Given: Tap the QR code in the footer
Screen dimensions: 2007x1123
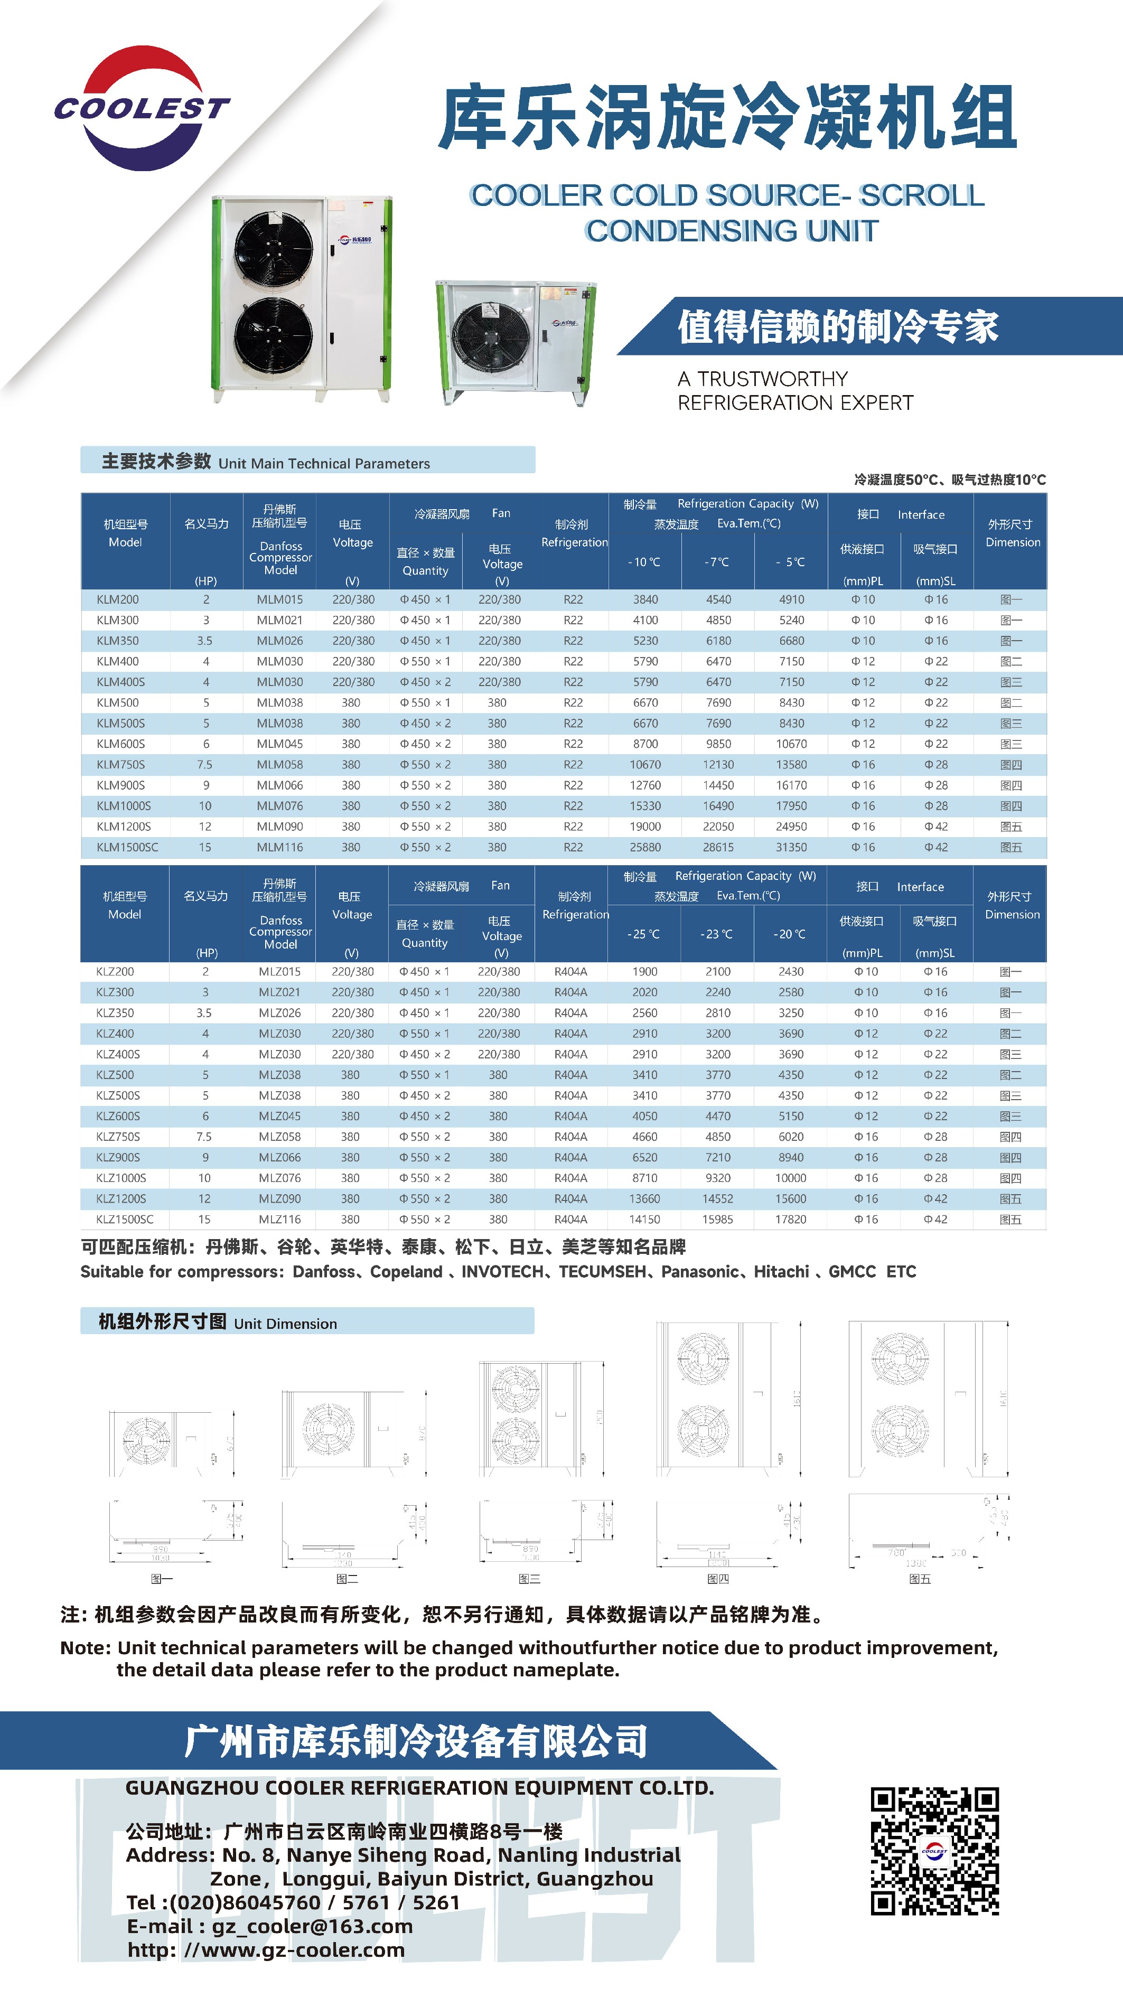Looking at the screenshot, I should click(x=934, y=1850).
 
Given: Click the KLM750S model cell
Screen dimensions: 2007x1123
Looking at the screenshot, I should click(x=121, y=764).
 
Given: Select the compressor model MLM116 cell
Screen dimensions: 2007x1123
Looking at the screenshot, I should click(x=280, y=847).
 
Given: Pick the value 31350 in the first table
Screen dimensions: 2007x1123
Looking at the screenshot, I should click(x=791, y=847).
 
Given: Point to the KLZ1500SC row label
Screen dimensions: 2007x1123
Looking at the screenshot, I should click(x=125, y=1220).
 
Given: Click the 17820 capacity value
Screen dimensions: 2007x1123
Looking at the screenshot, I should click(x=790, y=1220).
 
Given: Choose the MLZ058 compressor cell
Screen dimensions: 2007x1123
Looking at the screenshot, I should click(x=280, y=1137).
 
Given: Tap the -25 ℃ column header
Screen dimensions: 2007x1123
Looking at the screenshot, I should click(x=644, y=934).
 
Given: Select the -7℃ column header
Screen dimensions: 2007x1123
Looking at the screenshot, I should click(x=717, y=562).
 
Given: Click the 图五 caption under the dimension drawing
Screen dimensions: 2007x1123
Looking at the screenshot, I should click(x=920, y=1579).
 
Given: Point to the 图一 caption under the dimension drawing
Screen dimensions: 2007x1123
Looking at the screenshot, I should click(x=161, y=1579).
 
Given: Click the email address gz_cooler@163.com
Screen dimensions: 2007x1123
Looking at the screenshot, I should click(x=312, y=1926).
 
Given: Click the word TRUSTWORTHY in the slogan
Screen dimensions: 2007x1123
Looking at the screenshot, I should click(x=772, y=379).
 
